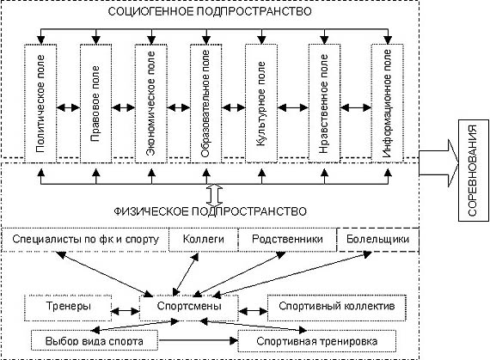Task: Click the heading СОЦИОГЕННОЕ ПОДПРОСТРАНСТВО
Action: tap(210, 11)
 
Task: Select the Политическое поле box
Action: tap(40, 103)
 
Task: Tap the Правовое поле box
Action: tap(96, 103)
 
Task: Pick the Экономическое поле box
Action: tap(151, 103)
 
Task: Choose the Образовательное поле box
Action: tap(206, 103)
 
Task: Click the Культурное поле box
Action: tap(261, 103)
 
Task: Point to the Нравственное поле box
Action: tap(324, 103)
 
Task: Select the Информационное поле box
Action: tap(388, 103)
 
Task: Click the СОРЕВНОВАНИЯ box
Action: tap(474, 170)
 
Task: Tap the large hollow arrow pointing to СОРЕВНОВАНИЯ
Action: tap(438, 163)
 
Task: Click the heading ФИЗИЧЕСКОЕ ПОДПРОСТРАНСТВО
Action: tap(210, 211)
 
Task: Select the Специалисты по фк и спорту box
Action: tap(85, 240)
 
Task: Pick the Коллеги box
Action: tap(204, 240)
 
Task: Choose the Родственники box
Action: tap(287, 240)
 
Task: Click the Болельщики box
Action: tap(377, 240)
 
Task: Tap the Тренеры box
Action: tap(68, 308)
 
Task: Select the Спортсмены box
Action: tap(189, 308)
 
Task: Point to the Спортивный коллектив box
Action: tap(337, 308)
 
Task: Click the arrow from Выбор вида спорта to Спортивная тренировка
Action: tap(198, 340)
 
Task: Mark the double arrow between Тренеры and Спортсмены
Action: tap(126, 311)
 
